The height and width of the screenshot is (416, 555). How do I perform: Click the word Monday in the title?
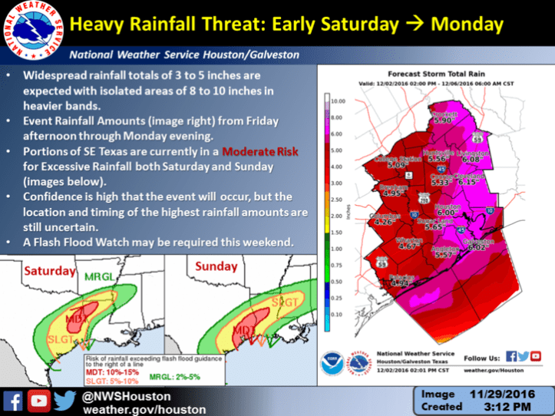pos(467,25)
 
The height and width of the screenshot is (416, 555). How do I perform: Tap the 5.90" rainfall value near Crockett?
pos(443,121)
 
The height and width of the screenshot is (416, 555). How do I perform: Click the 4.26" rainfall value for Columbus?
pos(382,222)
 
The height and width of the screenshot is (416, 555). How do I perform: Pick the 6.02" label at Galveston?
pos(477,246)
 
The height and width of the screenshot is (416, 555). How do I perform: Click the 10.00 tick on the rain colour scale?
pos(339,101)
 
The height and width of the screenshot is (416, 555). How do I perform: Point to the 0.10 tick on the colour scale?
pos(337,314)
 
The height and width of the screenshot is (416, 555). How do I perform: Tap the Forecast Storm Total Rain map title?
pos(434,78)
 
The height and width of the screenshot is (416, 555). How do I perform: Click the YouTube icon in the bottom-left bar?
pos(38,399)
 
